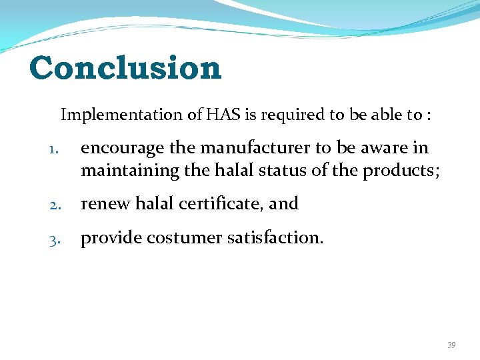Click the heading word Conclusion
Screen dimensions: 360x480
125,68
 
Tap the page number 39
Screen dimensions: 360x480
451,345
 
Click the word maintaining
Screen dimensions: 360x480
130,171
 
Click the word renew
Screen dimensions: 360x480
106,204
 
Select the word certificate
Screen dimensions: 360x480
218,204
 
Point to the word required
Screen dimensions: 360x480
299,115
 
